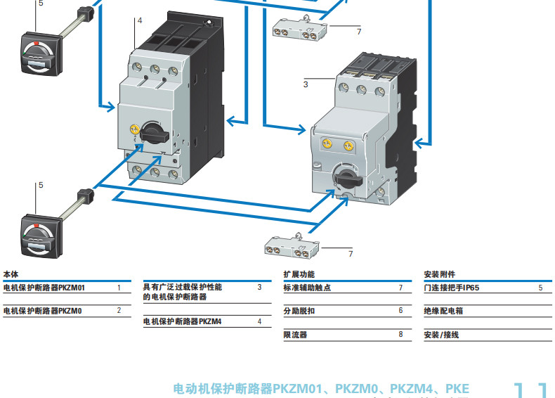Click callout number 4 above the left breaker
(x=140, y=20)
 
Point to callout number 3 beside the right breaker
(x=305, y=84)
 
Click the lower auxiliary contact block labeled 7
(x=291, y=246)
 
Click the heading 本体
(x=11, y=274)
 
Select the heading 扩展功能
(x=299, y=274)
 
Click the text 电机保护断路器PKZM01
(x=44, y=288)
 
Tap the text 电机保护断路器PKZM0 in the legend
(x=42, y=310)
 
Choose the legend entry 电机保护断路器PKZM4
(x=182, y=321)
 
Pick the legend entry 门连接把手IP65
(x=452, y=288)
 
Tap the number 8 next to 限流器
(x=400, y=335)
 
